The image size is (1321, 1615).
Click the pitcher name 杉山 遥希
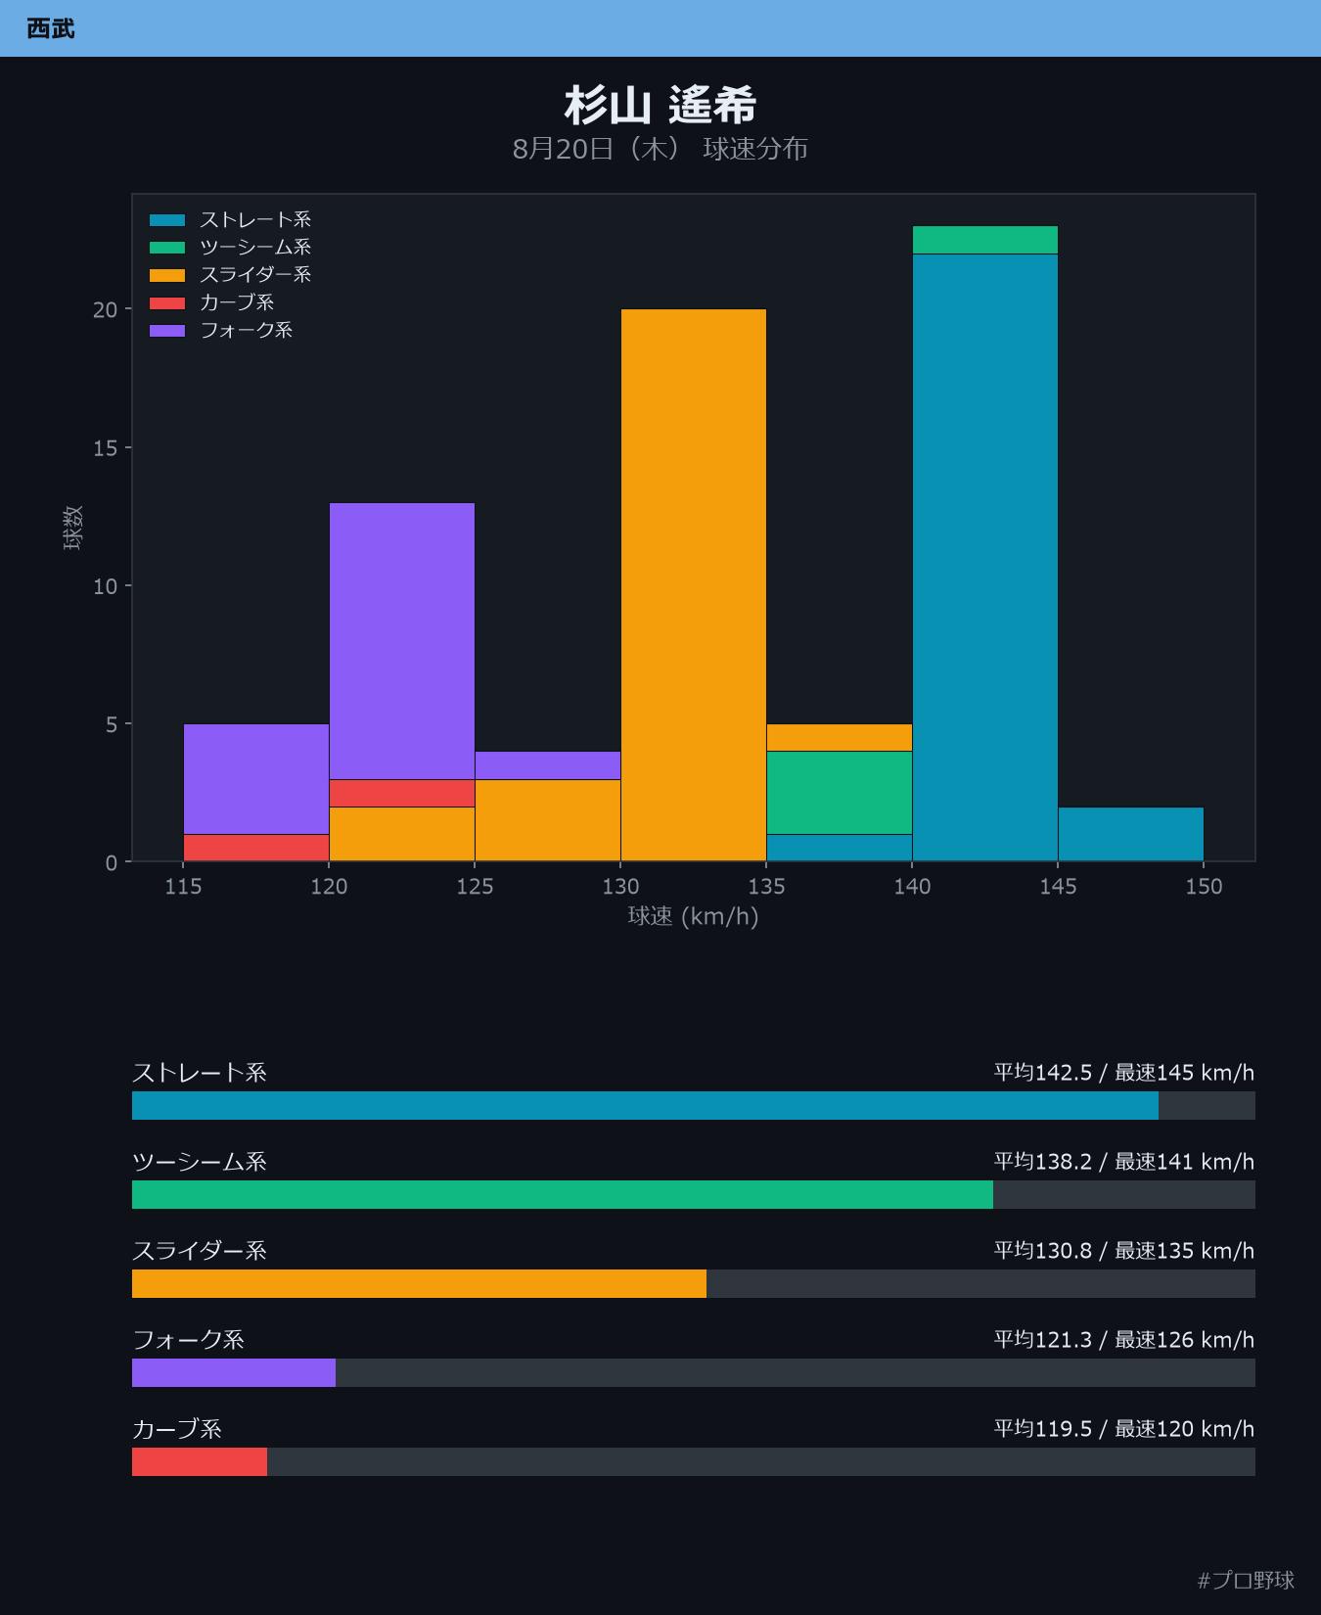click(660, 106)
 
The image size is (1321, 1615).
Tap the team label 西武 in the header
click(51, 28)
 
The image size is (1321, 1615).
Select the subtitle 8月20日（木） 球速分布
click(660, 149)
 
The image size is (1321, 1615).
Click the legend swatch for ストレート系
click(167, 220)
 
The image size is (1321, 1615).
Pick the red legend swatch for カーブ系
click(167, 302)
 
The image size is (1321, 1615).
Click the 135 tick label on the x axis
click(766, 887)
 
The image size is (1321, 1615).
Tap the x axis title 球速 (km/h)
click(694, 916)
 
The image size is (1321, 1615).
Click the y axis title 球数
click(72, 528)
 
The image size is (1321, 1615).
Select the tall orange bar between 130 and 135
click(694, 585)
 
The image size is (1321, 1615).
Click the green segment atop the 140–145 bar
click(985, 240)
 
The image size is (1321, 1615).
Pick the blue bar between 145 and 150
click(1131, 834)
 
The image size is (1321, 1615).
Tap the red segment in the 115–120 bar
click(256, 848)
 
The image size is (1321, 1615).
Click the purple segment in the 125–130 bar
click(548, 765)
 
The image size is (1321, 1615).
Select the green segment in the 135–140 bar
click(840, 793)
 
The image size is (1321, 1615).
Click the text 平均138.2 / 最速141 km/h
click(1124, 1162)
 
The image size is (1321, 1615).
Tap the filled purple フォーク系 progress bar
click(234, 1372)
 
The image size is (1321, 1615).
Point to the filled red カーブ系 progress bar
click(200, 1461)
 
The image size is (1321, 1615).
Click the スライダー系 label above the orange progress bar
click(200, 1251)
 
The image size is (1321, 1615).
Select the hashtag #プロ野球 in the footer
click(1246, 1580)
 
